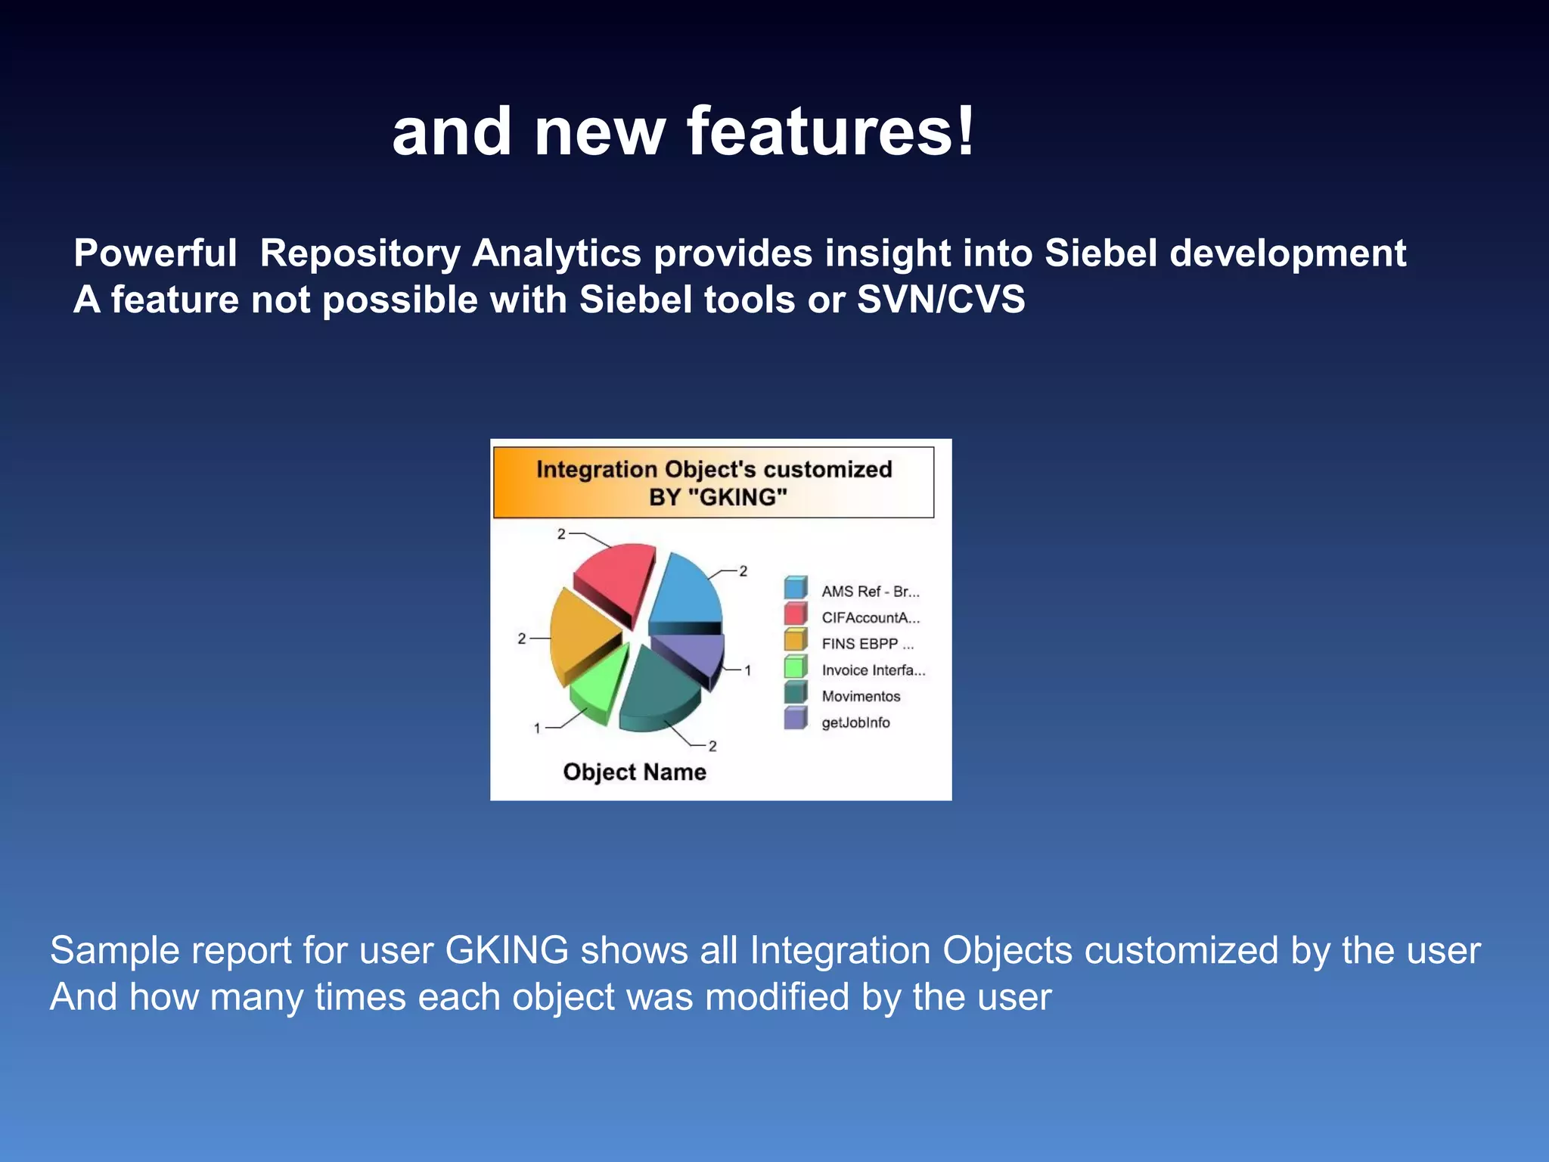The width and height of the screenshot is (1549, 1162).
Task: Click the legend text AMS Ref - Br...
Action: [870, 592]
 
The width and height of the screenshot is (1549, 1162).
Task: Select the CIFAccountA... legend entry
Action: [871, 618]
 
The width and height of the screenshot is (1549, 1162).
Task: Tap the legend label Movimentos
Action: [861, 697]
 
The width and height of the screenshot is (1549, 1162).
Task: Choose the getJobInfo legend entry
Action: [855, 722]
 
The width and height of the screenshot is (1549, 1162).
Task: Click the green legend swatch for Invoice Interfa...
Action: [795, 668]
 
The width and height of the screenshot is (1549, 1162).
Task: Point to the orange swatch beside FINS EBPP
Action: [795, 642]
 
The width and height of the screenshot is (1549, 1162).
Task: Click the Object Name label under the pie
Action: [635, 772]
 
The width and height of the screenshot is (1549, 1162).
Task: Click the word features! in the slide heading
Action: [830, 132]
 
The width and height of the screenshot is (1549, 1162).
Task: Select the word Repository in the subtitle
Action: [360, 253]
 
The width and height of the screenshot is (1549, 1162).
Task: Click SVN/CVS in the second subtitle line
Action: [941, 300]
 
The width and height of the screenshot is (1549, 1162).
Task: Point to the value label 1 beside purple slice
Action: [747, 670]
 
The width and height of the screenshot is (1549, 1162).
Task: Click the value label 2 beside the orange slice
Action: [522, 639]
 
